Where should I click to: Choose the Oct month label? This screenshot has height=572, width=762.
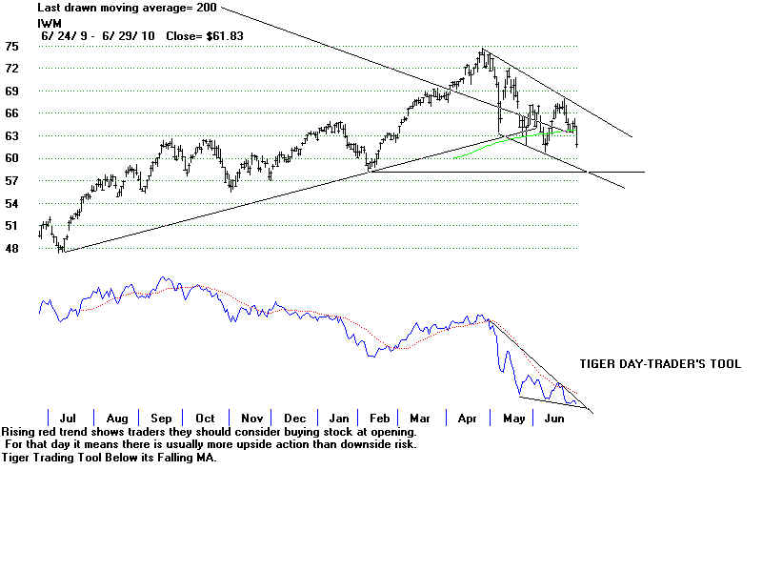(x=205, y=418)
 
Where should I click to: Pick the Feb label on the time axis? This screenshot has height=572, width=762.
(x=379, y=418)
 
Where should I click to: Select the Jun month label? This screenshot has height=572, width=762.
(x=554, y=418)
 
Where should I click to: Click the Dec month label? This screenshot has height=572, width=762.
(x=294, y=418)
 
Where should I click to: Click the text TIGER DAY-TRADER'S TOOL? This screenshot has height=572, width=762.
(x=660, y=364)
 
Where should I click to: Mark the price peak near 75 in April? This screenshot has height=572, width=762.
(x=484, y=51)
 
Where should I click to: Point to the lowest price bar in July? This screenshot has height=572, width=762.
(x=62, y=250)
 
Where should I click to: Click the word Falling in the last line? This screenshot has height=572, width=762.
(x=171, y=457)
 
